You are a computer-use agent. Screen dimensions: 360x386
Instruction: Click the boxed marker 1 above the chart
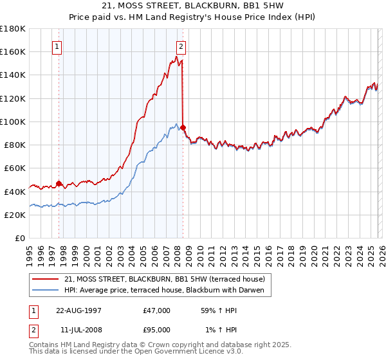click(57, 46)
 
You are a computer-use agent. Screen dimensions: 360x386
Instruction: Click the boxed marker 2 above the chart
click(181, 46)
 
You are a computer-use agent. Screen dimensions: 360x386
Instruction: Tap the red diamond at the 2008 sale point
click(183, 127)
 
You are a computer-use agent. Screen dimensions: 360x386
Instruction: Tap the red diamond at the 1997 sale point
click(59, 183)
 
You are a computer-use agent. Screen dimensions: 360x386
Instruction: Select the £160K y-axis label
click(13, 51)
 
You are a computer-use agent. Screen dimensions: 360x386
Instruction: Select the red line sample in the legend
click(46, 279)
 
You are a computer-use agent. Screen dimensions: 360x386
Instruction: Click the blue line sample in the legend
click(46, 290)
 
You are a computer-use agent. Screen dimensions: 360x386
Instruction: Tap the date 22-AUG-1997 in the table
click(77, 310)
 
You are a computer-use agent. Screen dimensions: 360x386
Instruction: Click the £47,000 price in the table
click(157, 310)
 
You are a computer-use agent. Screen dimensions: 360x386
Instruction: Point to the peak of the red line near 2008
click(178, 57)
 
